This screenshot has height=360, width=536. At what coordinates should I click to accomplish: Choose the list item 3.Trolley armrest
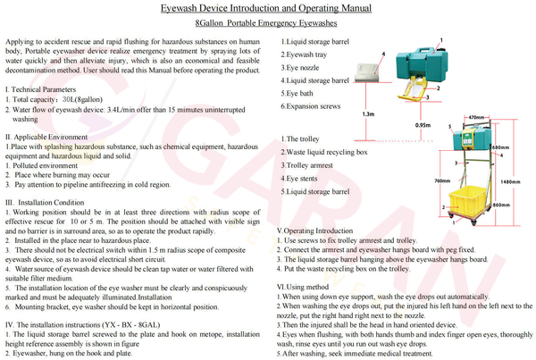click(309, 165)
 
